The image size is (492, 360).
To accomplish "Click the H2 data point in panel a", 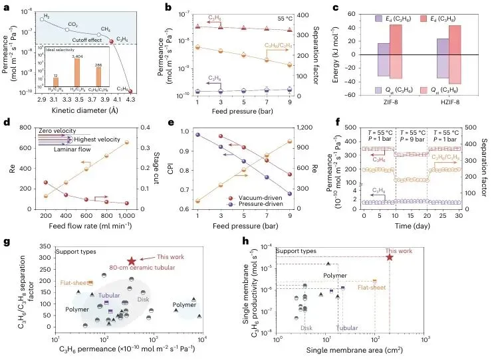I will [42, 19].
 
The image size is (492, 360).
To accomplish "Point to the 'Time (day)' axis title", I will [413, 226].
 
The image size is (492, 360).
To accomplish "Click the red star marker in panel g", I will [132, 262].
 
